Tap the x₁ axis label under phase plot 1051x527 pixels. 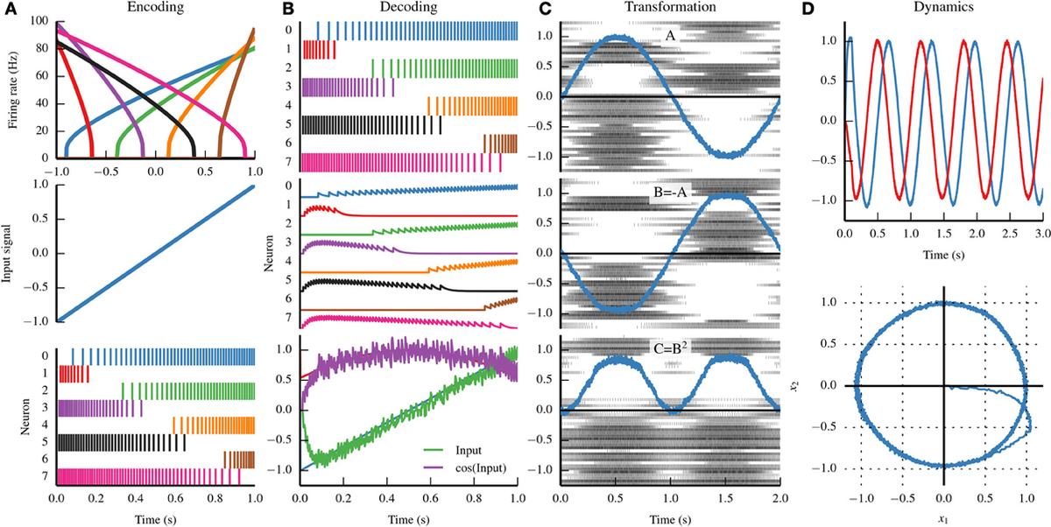(943, 518)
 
